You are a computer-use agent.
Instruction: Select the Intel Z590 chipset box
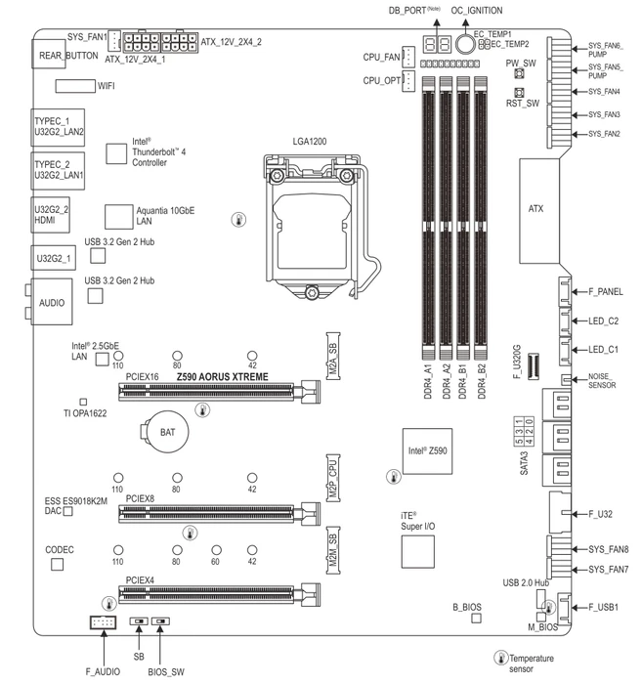pos(427,451)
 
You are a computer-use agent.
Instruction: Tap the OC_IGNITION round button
pos(465,43)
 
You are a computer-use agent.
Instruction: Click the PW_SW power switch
pos(519,73)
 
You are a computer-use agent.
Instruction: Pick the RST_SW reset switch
pos(519,93)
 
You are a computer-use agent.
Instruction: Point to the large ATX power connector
pos(539,211)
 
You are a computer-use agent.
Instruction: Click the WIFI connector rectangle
pos(75,86)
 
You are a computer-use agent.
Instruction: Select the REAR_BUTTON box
pos(49,54)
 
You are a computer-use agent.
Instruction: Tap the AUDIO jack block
pos(52,302)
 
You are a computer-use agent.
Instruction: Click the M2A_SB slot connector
pos(333,356)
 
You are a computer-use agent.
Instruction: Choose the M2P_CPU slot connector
pos(333,478)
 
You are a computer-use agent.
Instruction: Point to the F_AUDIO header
pos(103,622)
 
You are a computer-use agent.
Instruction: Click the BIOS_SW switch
pos(160,620)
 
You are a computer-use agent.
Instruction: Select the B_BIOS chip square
pos(476,619)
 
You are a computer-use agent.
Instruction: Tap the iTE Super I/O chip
pos(418,552)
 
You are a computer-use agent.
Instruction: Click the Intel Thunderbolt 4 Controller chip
pos(116,153)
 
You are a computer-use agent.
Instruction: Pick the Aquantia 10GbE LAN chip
pos(118,217)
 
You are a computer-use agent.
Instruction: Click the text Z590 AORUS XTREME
pos(223,377)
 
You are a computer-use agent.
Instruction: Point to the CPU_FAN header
pos(408,57)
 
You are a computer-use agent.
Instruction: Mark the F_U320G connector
pos(534,366)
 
